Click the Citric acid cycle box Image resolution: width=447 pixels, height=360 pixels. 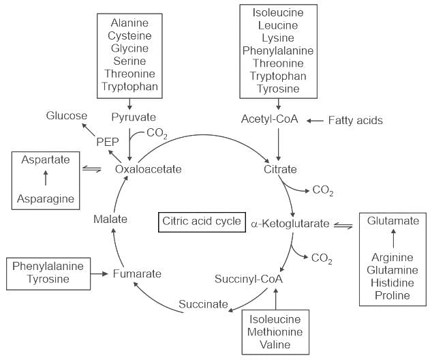click(x=201, y=222)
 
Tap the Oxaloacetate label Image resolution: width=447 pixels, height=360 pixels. click(x=148, y=169)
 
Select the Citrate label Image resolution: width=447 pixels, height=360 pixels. click(x=280, y=169)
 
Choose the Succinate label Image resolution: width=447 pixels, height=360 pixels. click(x=203, y=304)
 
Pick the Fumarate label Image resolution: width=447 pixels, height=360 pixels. click(x=138, y=273)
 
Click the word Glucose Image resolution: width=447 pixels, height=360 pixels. click(x=66, y=115)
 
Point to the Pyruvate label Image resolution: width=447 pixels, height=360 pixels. click(x=134, y=117)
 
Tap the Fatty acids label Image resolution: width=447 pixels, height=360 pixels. click(x=355, y=120)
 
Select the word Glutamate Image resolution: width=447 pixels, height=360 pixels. click(x=393, y=221)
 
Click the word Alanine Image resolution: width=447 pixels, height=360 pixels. click(x=129, y=22)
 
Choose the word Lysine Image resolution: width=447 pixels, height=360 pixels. click(x=278, y=37)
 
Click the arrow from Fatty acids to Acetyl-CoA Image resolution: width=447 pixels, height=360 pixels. click(x=313, y=121)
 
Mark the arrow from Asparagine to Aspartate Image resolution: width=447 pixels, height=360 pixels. click(x=46, y=179)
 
